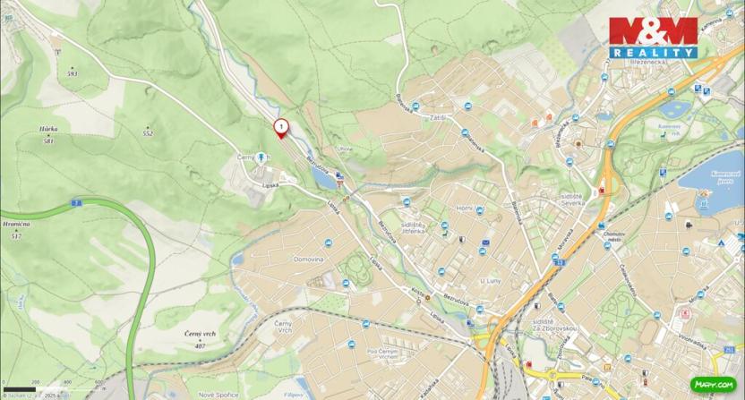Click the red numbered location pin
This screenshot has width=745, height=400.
click(280, 128)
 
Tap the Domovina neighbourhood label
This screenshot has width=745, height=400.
click(308, 259)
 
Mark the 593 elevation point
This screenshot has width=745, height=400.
click(73, 73)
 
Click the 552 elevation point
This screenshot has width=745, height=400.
click(148, 133)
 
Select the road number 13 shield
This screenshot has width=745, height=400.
click(560, 262)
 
